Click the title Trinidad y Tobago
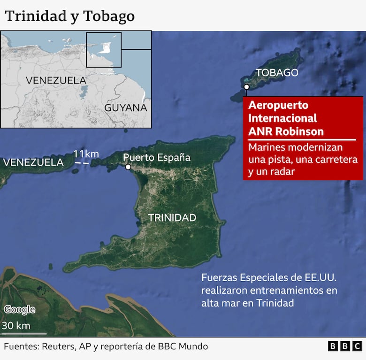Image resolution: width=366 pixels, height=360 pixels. click(69, 16)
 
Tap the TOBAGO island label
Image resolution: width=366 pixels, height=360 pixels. click(276, 72)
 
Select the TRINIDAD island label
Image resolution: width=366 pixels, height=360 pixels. click(172, 217)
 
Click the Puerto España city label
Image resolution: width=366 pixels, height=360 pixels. click(156, 157)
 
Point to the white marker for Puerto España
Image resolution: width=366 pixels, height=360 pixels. click(128, 167)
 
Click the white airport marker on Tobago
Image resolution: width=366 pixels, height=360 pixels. click(246, 87)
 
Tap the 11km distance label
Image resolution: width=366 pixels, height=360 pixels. click(85, 154)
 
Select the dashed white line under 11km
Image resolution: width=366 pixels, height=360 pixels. click(83, 163)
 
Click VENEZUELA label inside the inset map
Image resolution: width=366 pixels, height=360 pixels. click(56, 80)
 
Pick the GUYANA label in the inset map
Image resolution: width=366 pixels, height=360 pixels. click(125, 107)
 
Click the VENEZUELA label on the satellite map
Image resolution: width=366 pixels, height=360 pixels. click(33, 162)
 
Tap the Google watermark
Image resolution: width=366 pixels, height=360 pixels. click(19, 309)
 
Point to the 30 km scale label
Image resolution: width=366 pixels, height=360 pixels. click(16, 325)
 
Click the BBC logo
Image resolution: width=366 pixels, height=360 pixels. click(345, 346)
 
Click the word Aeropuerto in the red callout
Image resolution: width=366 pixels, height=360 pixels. click(278, 105)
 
